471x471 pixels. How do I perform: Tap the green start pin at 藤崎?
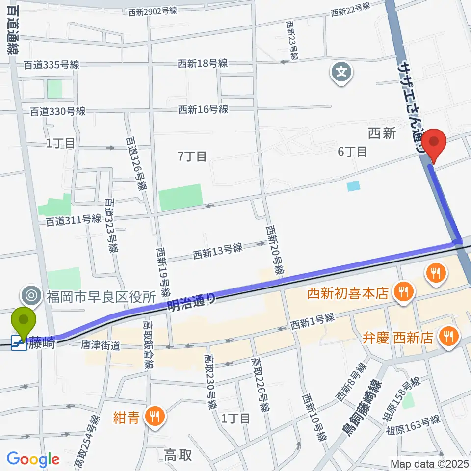[24, 321]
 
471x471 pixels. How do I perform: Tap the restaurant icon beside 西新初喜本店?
[404, 293]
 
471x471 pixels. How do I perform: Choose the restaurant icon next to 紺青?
[155, 418]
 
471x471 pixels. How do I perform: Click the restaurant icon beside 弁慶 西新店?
[447, 337]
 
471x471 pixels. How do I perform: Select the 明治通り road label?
[192, 301]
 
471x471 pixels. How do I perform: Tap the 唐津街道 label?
[101, 345]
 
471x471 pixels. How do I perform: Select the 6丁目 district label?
[352, 152]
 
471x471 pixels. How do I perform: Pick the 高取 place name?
[178, 455]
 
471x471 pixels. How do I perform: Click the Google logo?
[33, 460]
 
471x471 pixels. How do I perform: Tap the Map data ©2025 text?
[428, 463]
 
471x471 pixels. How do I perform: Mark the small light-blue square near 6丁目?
[353, 186]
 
